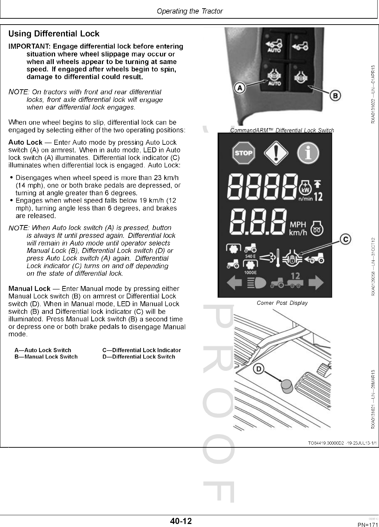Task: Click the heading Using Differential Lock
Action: (54, 34)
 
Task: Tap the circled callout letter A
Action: (240, 88)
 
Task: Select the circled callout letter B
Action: (335, 95)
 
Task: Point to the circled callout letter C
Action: (345, 239)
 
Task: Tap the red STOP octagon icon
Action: (243, 153)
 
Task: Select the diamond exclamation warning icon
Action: (276, 153)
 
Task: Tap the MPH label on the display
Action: (298, 225)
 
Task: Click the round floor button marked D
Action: (286, 385)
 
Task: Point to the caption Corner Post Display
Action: (282, 303)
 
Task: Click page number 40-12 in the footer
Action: (181, 521)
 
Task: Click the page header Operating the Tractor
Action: (190, 11)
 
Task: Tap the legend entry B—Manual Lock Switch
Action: (46, 357)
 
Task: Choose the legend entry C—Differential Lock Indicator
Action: (141, 350)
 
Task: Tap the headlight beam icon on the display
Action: (257, 284)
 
